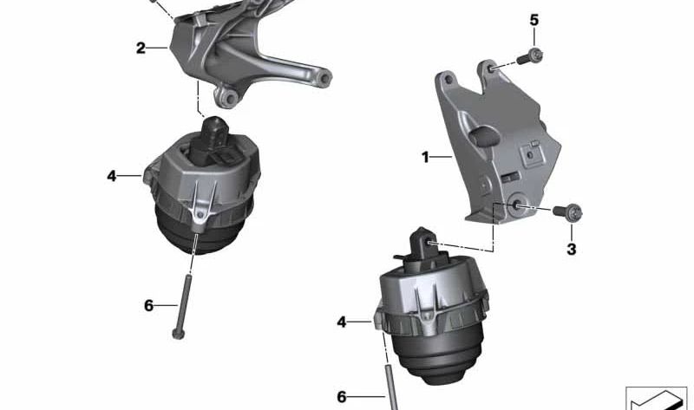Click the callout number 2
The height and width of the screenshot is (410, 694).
pos(141,48)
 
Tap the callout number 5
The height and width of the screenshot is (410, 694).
pos(534,20)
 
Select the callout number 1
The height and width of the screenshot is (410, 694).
pos(426,158)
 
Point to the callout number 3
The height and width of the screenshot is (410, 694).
pos(571,250)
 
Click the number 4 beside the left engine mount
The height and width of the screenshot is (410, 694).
pos(112,176)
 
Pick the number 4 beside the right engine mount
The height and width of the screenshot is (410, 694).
pos(342,322)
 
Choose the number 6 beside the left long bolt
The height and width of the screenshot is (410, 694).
pos(148,305)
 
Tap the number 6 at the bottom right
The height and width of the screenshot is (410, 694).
pos(342,396)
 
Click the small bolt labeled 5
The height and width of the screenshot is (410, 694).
pos(531,58)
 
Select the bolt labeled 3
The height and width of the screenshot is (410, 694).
pos(571,211)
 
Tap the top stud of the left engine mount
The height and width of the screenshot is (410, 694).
pos(211,131)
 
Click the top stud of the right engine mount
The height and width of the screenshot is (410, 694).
pos(422,238)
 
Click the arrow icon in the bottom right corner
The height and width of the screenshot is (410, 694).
pos(656,398)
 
